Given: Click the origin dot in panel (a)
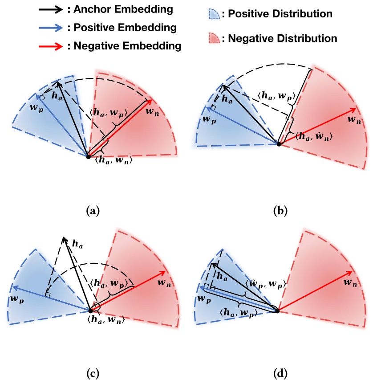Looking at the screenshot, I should click(x=88, y=155).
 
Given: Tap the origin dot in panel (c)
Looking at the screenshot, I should click(x=90, y=310).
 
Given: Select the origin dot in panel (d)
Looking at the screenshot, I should click(x=278, y=311).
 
